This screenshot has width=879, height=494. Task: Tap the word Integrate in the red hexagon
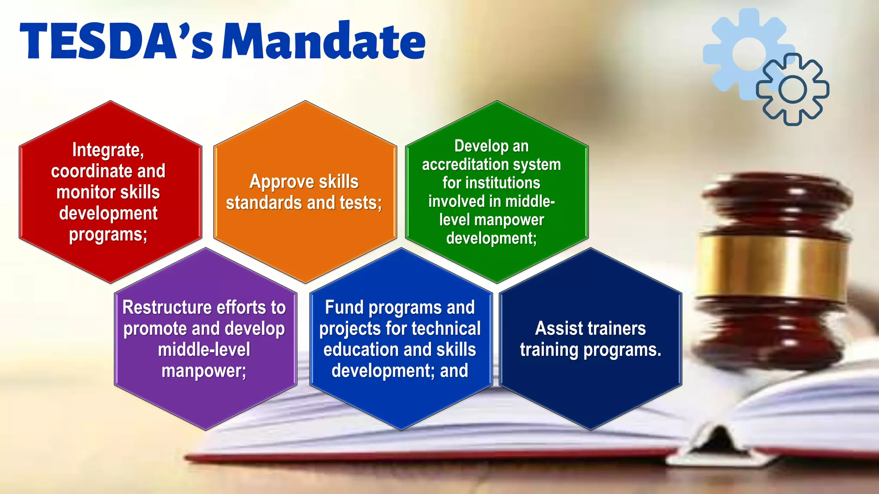[107, 150]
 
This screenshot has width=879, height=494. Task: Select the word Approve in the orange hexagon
[277, 182]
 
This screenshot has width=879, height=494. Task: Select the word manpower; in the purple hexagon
[204, 371]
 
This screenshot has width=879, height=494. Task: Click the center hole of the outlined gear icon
[792, 90]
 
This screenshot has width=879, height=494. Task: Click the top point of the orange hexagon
[305, 101]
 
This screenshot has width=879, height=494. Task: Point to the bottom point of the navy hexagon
[591, 430]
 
